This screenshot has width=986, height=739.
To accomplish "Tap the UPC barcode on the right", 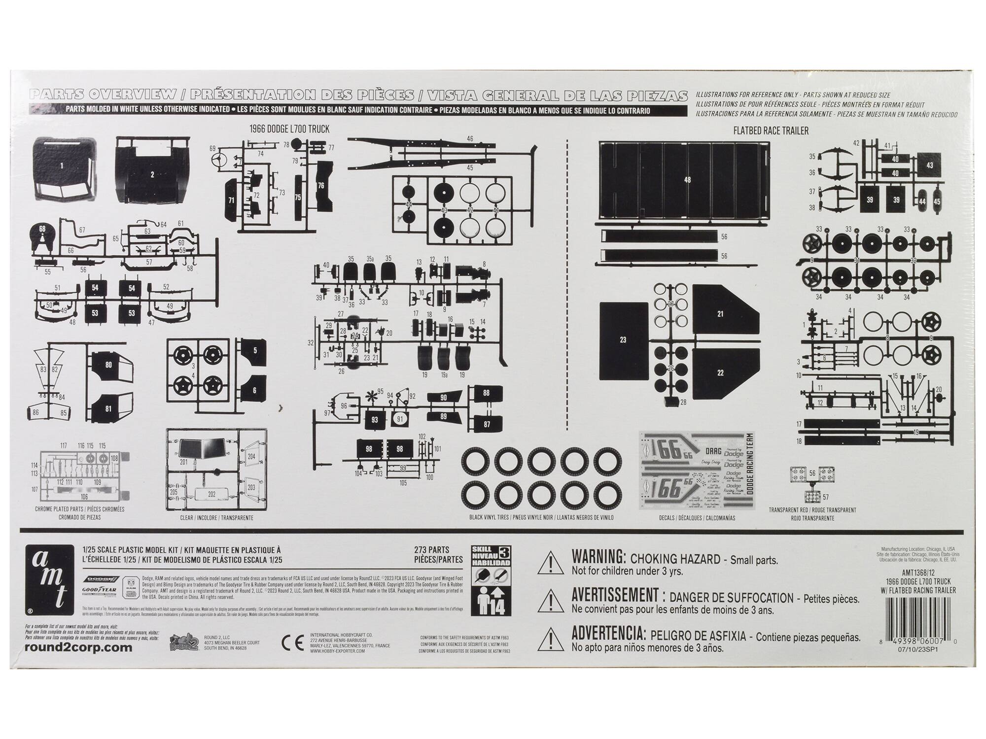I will (x=921, y=616).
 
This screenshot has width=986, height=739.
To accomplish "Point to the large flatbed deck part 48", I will (x=686, y=180).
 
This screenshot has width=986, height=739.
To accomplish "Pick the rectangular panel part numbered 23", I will (x=623, y=340).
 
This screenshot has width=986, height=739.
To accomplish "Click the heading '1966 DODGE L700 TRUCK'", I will (x=289, y=129).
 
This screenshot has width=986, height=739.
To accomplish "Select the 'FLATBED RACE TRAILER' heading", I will (x=771, y=131).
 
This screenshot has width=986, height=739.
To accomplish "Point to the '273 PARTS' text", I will (x=431, y=550).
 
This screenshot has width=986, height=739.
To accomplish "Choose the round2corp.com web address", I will (x=78, y=648).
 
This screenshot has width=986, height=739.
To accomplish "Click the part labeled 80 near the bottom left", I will (x=108, y=365).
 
